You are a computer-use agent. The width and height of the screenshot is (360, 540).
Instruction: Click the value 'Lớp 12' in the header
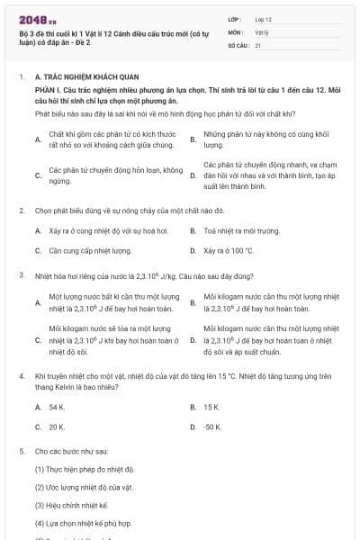(264, 18)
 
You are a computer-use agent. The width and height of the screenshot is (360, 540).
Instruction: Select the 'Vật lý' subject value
(262, 31)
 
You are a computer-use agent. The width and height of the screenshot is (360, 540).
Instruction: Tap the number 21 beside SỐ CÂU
(258, 44)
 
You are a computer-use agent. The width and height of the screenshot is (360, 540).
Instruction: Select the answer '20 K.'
(57, 427)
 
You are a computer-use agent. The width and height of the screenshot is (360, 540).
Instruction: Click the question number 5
(21, 449)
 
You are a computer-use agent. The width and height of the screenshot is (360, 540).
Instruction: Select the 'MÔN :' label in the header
(236, 31)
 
